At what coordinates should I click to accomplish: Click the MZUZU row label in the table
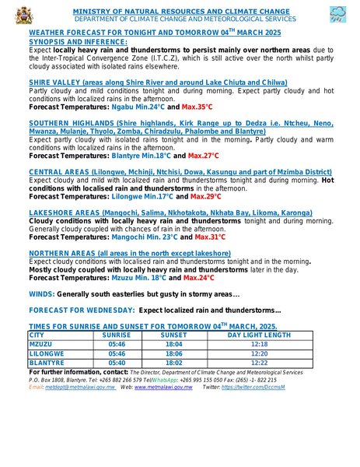pyautogui.click(x=41, y=343)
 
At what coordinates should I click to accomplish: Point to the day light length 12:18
pyautogui.click(x=259, y=343)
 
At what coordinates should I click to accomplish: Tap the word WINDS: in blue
pyautogui.click(x=41, y=294)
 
